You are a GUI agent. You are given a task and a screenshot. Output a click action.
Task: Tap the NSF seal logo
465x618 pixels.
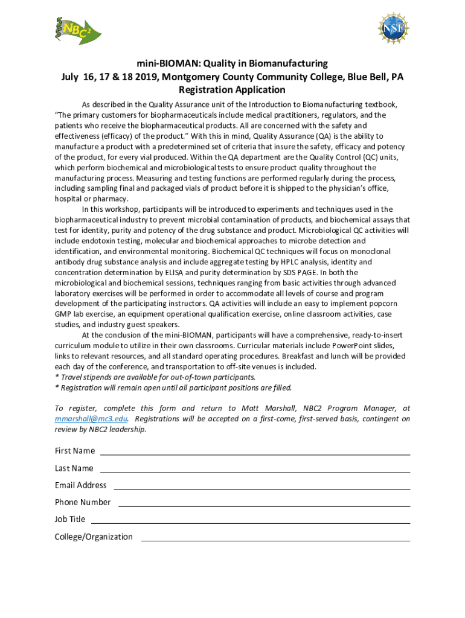(393, 28)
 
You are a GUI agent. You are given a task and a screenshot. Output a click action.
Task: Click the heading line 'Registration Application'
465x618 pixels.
(232, 90)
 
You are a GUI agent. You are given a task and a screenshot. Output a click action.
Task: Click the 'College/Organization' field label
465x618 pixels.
(94, 537)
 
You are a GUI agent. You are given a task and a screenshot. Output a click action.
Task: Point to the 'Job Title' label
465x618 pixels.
(70, 519)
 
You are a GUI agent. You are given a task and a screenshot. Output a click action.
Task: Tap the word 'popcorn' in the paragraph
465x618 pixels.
(382, 304)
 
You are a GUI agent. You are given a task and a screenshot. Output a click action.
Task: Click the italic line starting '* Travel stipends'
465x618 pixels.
(155, 377)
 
